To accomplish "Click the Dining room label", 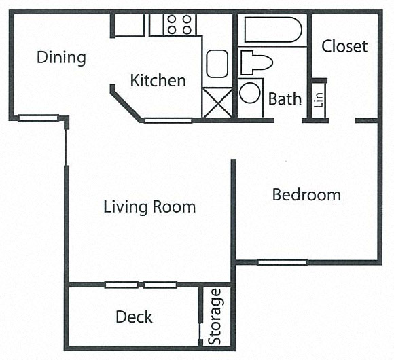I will click(61, 57).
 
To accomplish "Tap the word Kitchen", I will click(158, 81).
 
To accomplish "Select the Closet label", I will click(344, 46).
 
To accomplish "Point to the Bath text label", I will click(285, 99).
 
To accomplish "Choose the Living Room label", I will click(149, 206).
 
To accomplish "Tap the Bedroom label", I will click(306, 196).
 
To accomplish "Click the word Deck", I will click(134, 317).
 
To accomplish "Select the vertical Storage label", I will click(215, 317).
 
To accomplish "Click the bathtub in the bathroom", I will click(272, 30).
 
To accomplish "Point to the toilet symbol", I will click(255, 62).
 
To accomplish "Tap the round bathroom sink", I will click(250, 92).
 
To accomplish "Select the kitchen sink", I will click(219, 64).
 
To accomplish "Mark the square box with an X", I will click(217, 103).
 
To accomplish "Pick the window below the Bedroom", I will click(281, 262).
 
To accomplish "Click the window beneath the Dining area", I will click(38, 118).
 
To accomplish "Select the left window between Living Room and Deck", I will click(121, 285).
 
